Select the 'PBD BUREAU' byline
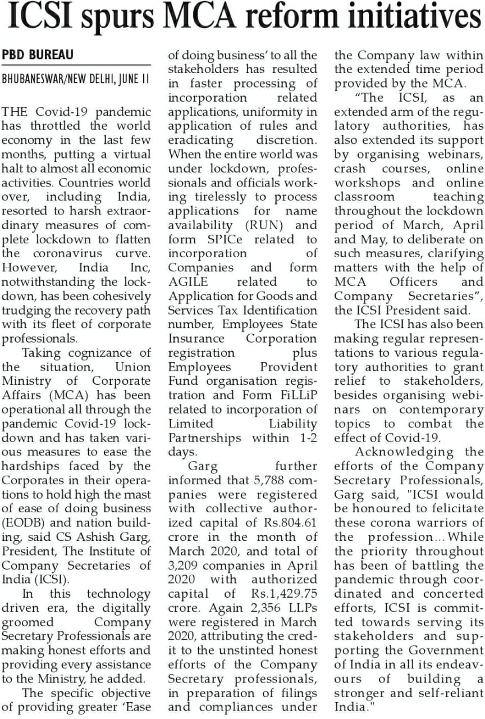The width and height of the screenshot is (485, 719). click(x=38, y=55)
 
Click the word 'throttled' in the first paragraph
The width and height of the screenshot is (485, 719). click(x=58, y=126)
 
